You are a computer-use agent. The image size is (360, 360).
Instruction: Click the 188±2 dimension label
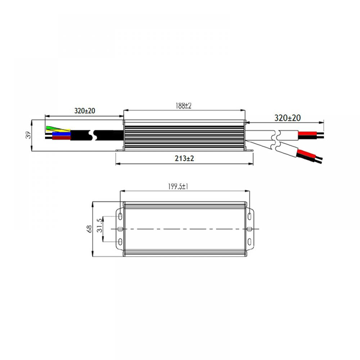coord(184,106)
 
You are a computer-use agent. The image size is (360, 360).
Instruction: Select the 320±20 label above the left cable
coord(85,111)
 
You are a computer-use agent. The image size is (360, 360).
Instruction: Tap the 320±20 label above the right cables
coord(287,118)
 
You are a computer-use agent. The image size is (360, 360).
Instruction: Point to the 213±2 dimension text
coord(184,158)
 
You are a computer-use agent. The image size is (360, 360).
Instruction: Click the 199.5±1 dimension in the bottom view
coord(178,186)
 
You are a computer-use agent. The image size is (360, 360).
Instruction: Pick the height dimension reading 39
coord(28,135)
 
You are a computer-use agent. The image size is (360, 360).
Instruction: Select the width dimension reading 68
coord(89,229)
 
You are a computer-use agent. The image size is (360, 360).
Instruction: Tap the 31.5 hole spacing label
coord(100,225)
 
